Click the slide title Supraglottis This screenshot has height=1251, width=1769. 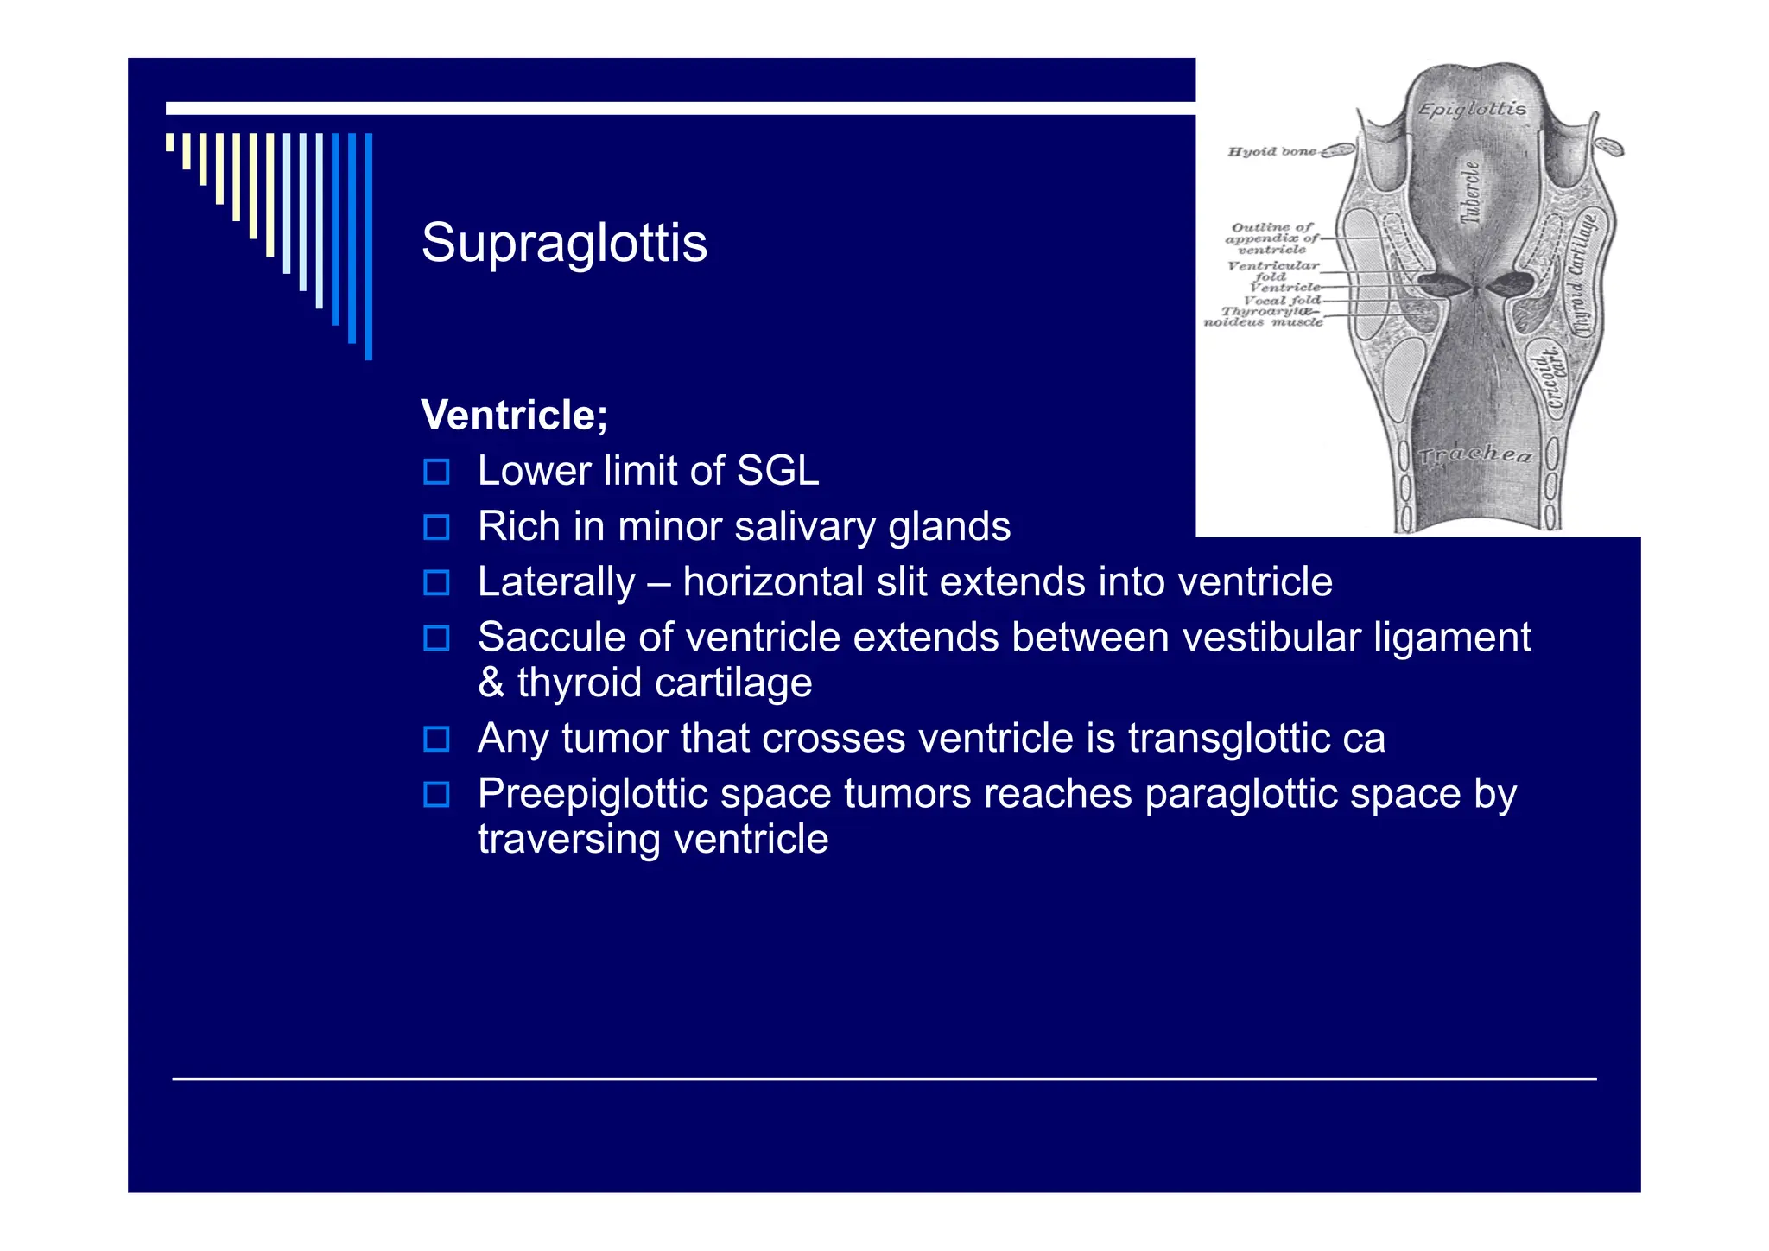click(564, 243)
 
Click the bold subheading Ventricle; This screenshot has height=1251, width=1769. click(514, 415)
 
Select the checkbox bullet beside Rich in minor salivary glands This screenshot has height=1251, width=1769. click(436, 527)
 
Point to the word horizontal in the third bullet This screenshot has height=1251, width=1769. click(772, 581)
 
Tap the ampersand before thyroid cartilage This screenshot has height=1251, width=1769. click(491, 683)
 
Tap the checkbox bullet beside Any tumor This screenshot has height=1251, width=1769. click(436, 739)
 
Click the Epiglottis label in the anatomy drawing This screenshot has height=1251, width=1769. click(1472, 110)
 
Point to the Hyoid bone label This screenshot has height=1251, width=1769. click(1271, 151)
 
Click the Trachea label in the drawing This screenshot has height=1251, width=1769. click(1475, 454)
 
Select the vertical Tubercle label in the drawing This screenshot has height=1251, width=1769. click(1469, 193)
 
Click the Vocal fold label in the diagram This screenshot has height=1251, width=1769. click(1282, 300)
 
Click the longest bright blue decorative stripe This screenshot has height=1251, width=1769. click(369, 246)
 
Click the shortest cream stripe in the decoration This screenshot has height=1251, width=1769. click(170, 142)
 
